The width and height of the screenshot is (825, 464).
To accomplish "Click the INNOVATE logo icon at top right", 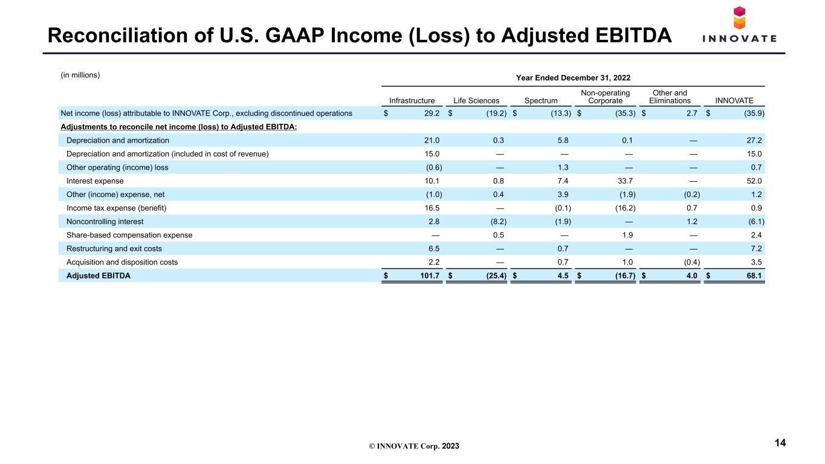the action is [739, 18].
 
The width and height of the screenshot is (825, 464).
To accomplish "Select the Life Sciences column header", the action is [476, 100].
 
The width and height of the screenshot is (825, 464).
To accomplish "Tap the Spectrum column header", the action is [541, 100].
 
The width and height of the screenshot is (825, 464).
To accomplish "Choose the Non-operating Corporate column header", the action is [605, 97].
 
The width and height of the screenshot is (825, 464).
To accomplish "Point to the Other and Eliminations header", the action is [670, 97].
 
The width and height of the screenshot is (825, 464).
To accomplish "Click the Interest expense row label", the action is [95, 181].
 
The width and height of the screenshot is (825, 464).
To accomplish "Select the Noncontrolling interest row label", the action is [105, 222].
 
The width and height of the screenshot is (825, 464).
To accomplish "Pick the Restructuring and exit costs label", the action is [114, 248].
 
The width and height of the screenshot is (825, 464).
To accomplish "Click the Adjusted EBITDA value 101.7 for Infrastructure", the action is [430, 276].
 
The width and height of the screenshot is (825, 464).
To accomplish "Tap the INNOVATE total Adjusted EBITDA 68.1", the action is [754, 276].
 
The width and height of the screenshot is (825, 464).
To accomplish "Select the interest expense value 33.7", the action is [625, 181].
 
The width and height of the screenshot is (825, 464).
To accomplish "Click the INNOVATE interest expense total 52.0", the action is [754, 181].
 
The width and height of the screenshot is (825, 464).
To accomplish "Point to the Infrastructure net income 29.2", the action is [432, 114].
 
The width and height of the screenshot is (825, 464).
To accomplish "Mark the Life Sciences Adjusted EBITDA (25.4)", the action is [496, 276].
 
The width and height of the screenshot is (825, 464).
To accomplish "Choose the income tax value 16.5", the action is [432, 208].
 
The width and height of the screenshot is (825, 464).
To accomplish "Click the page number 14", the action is [780, 443].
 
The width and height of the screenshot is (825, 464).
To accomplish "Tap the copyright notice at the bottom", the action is [414, 446].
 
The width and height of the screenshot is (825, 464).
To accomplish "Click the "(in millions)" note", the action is [80, 75].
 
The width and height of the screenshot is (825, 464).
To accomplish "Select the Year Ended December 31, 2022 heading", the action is [573, 78].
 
